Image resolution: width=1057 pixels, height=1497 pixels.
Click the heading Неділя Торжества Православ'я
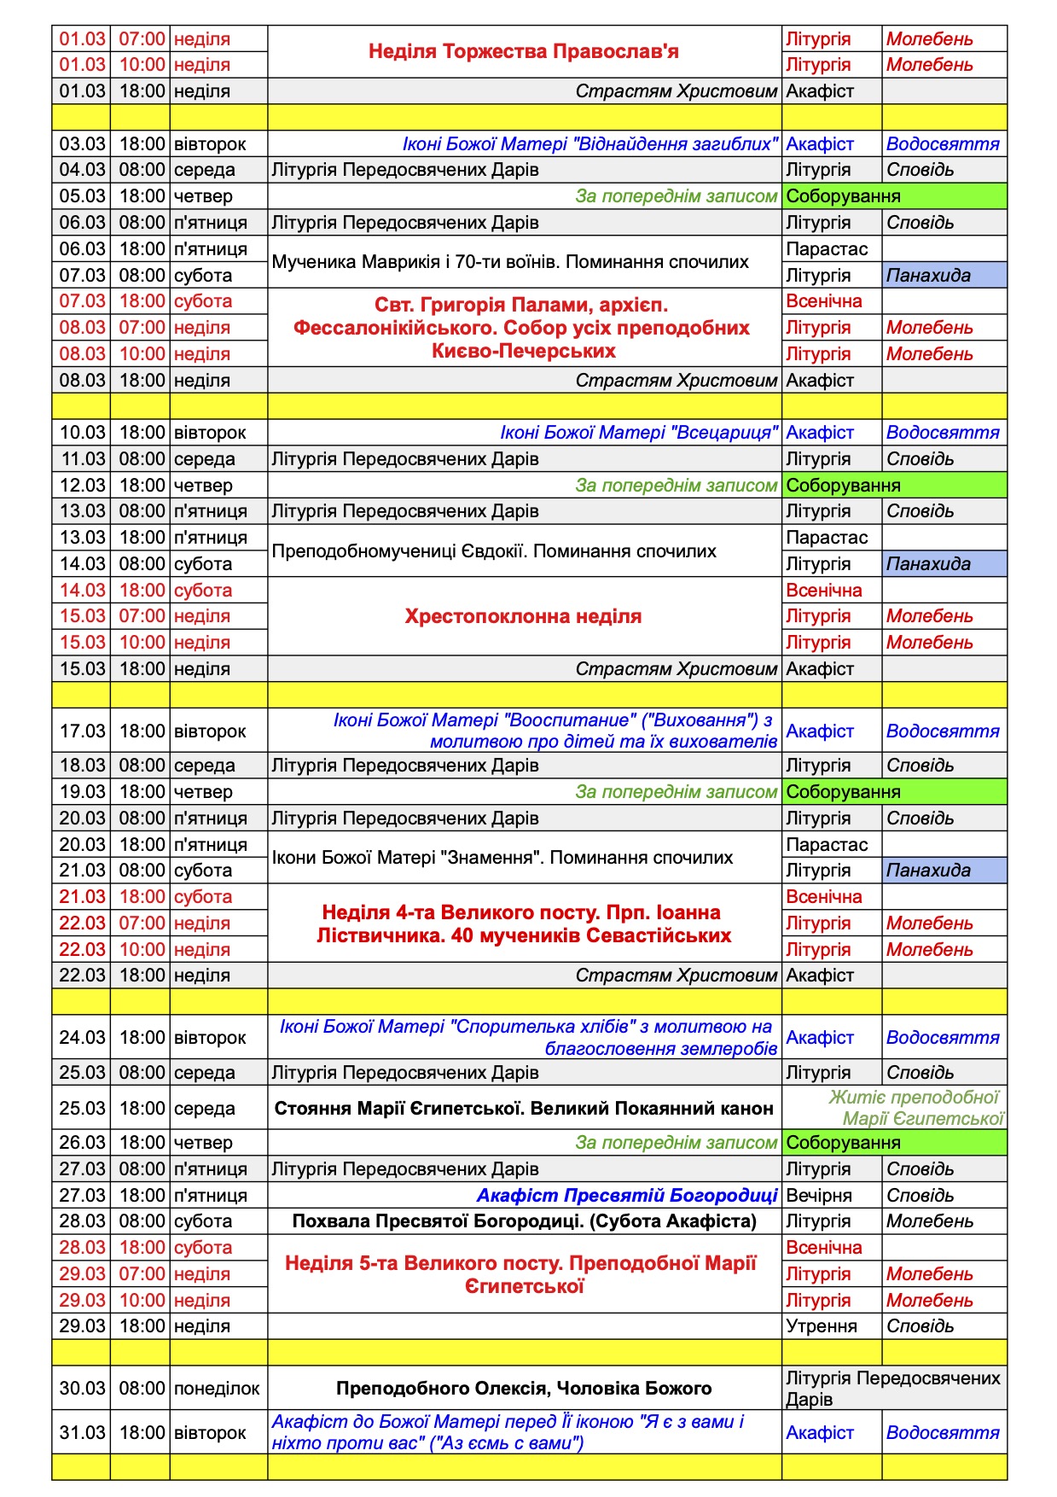point(523,51)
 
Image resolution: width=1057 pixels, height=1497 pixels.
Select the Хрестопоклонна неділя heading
point(523,616)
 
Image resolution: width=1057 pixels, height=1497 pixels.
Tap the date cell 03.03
point(82,143)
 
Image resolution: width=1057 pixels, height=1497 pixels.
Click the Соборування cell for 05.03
point(893,196)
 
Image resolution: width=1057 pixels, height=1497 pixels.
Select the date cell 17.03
point(82,731)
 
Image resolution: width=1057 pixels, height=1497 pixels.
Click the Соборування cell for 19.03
point(893,792)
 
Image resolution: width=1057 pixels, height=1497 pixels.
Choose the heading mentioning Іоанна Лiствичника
point(523,923)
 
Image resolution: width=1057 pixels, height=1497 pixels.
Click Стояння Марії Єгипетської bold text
point(523,1108)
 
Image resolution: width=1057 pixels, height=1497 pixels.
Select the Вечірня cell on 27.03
point(819,1195)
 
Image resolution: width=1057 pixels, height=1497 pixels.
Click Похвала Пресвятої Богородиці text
point(523,1221)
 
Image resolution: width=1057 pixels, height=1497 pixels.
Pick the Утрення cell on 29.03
point(821,1326)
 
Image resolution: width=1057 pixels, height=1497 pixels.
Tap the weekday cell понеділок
point(217,1389)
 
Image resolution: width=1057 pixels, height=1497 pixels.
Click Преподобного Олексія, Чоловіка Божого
point(523,1389)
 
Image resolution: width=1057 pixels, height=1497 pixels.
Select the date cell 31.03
point(82,1433)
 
